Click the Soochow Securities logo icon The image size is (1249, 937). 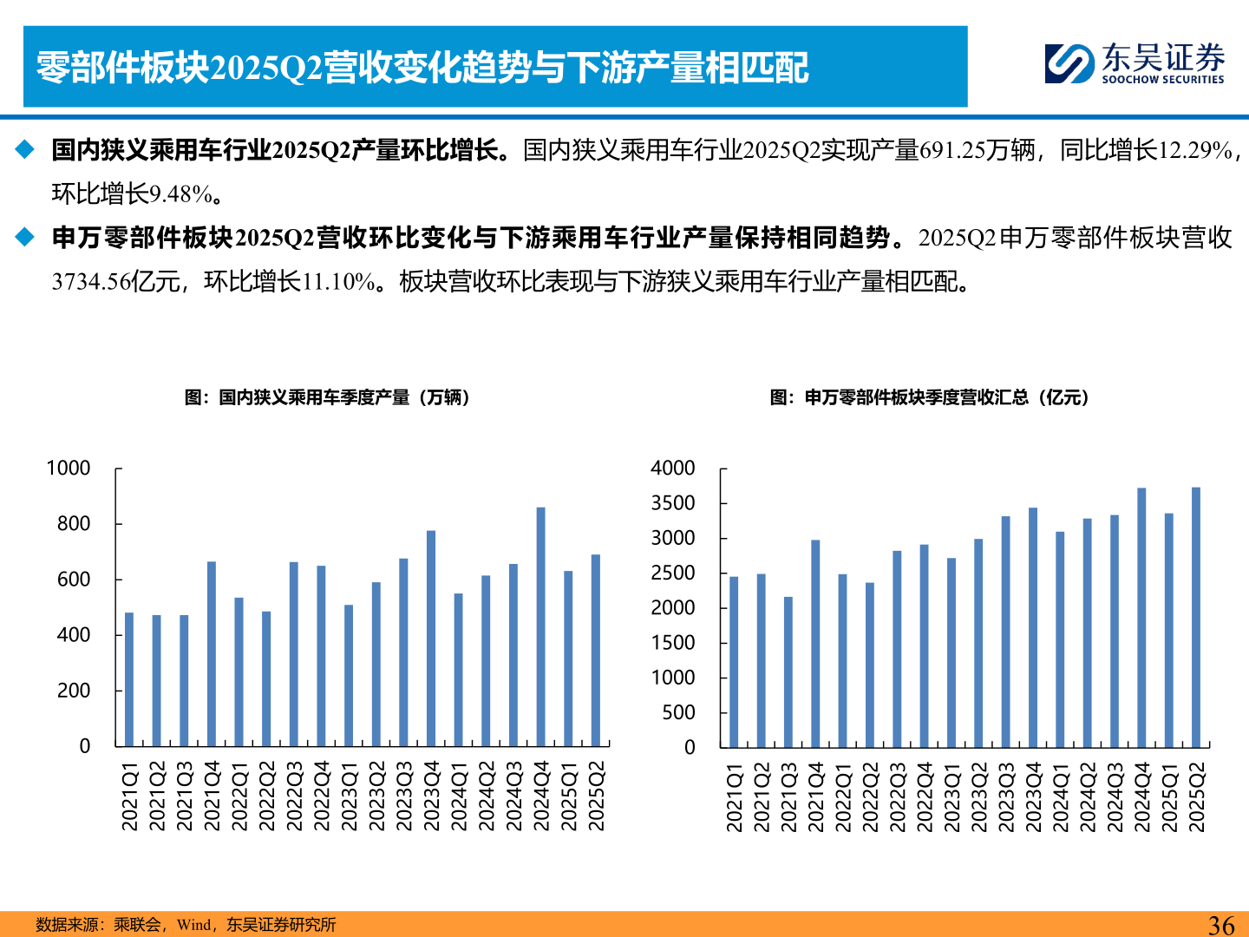(1069, 64)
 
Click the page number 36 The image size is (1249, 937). (1221, 925)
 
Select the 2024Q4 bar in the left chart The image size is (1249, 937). (541, 626)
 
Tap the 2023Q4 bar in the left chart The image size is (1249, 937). (431, 638)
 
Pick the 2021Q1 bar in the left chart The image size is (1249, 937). (129, 679)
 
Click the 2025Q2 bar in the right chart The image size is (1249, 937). (1196, 617)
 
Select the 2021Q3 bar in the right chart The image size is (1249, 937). (788, 672)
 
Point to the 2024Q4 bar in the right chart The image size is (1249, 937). (1141, 617)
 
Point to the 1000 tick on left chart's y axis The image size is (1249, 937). (69, 468)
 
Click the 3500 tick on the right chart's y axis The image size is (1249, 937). (673, 503)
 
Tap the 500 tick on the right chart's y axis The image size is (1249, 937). (678, 712)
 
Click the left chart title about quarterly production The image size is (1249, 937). (327, 397)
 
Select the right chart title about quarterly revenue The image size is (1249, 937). (929, 397)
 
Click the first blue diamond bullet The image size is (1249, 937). (25, 150)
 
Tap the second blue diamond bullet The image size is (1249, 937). (25, 237)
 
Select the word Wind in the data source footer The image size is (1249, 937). (193, 925)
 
